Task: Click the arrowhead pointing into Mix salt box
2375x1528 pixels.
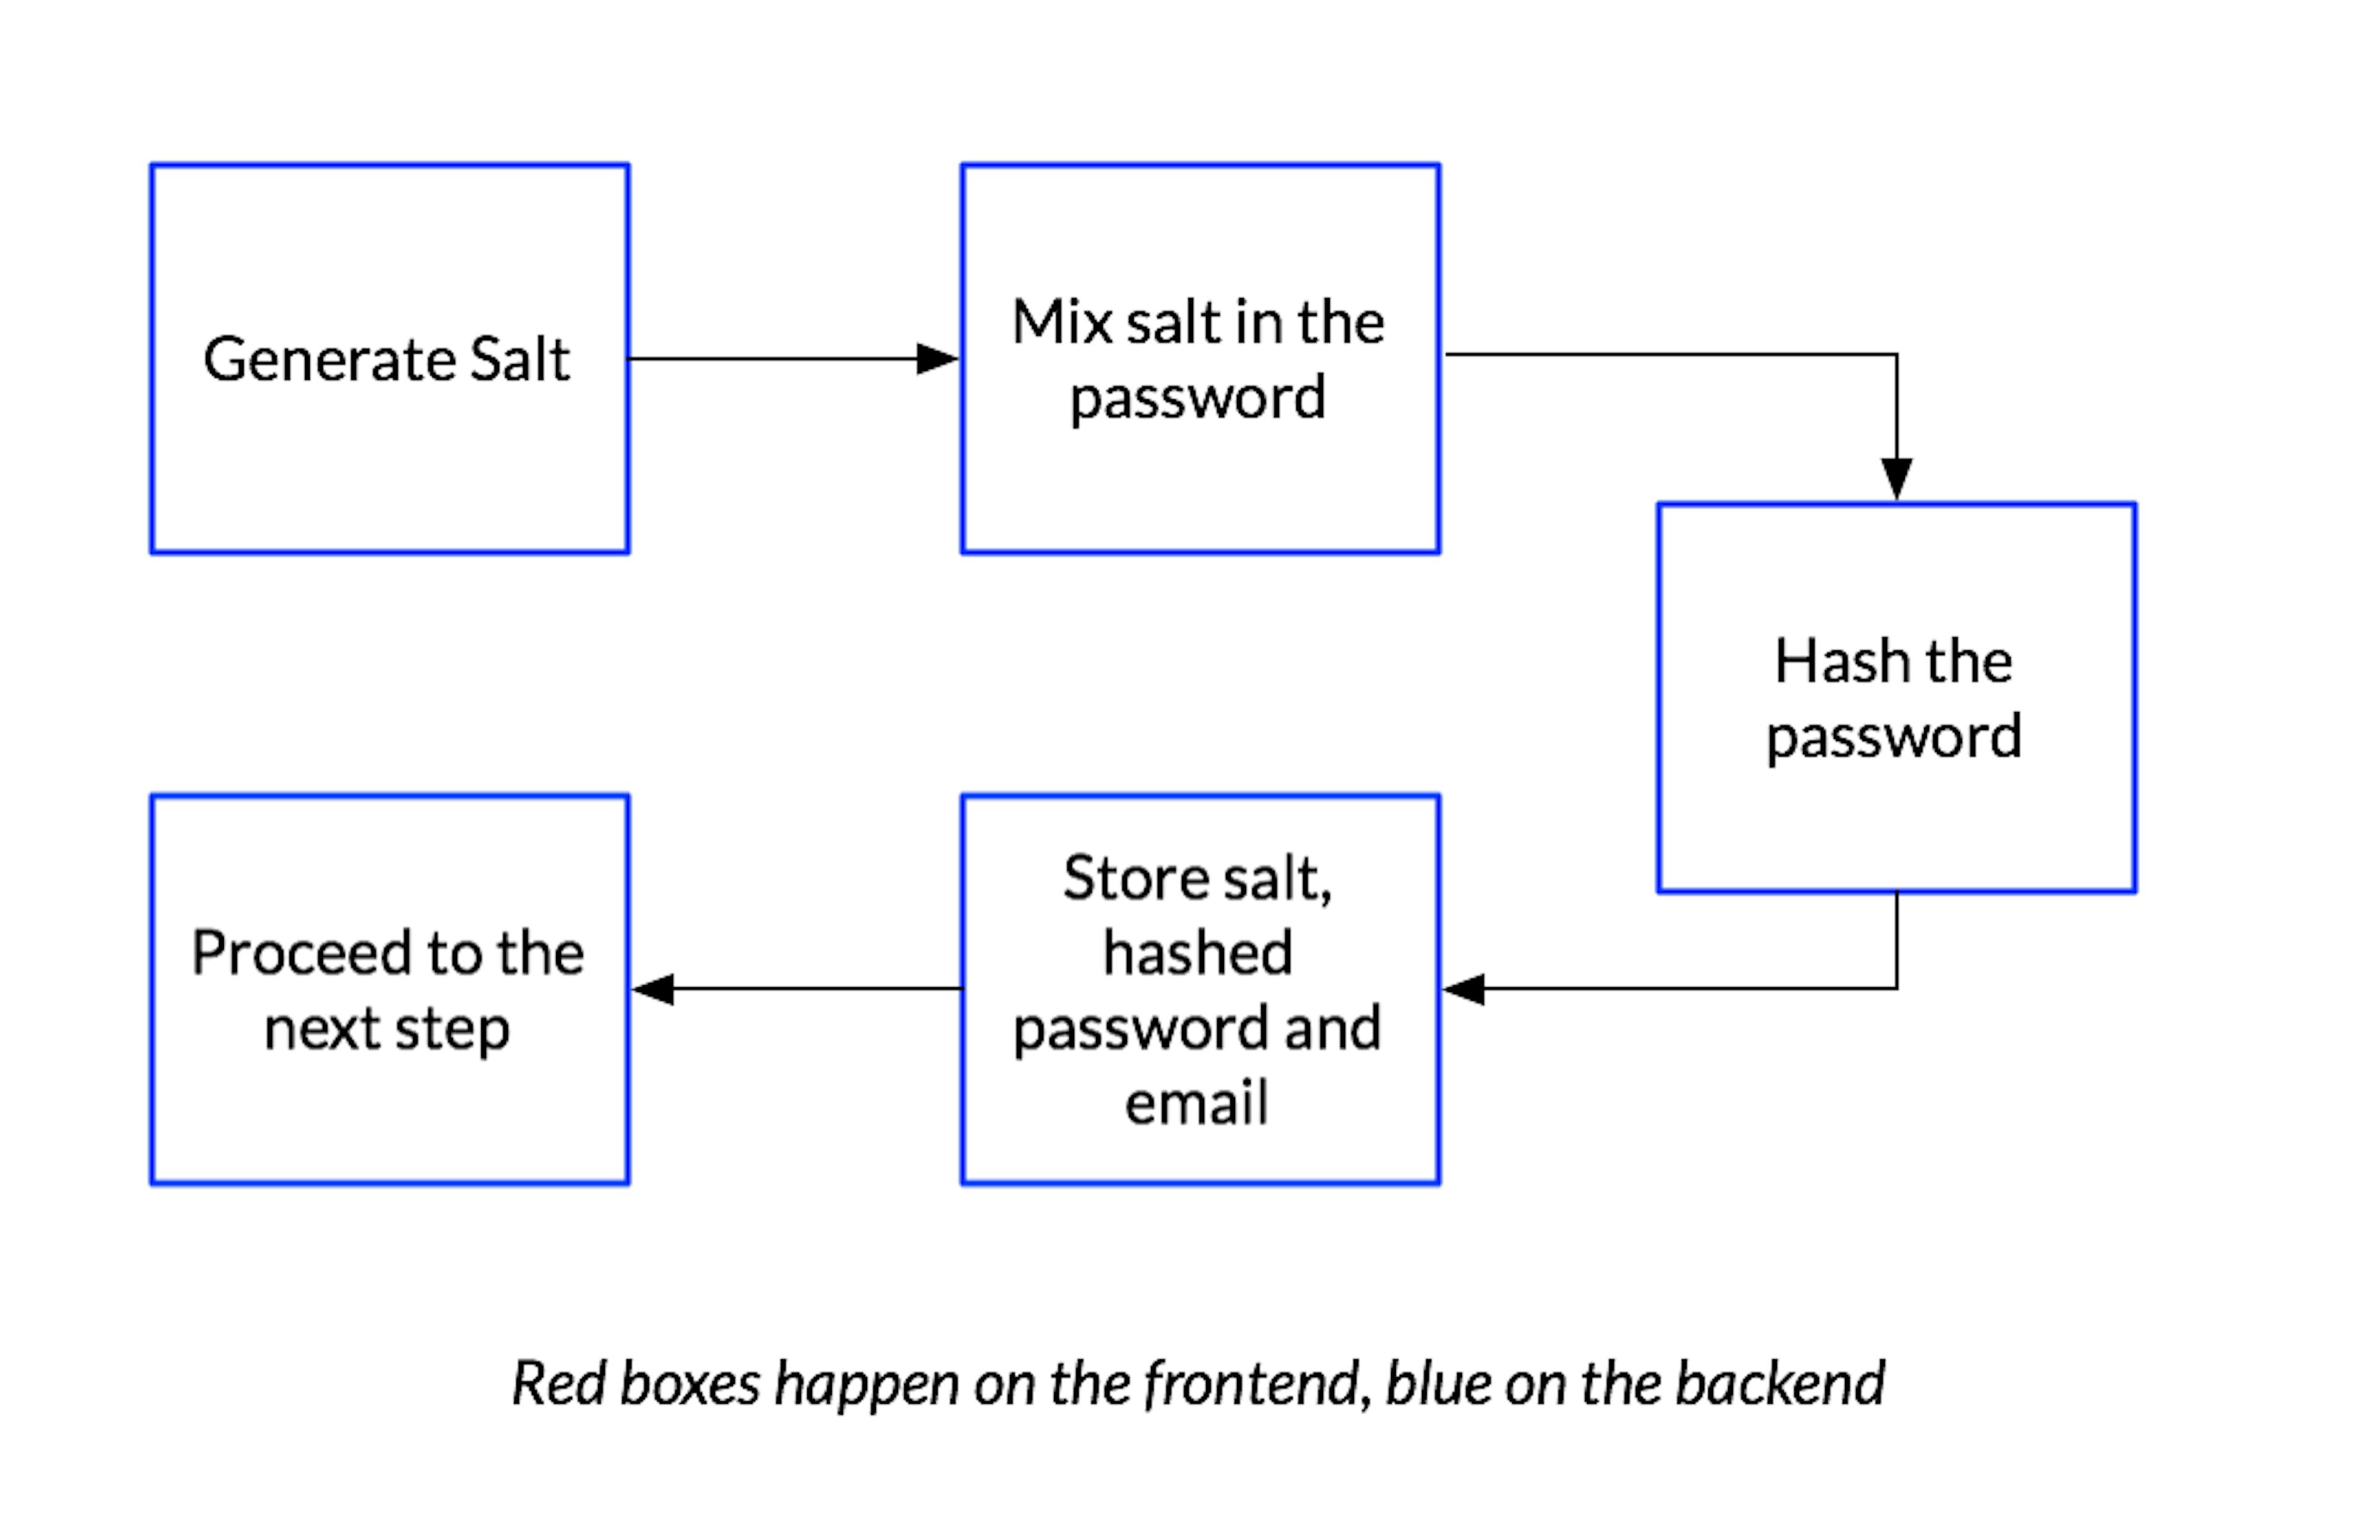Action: pos(938,358)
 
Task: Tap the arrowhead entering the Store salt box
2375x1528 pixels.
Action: pos(1463,989)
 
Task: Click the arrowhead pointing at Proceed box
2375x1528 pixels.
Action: pos(653,989)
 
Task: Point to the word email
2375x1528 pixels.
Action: pos(1197,1101)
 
